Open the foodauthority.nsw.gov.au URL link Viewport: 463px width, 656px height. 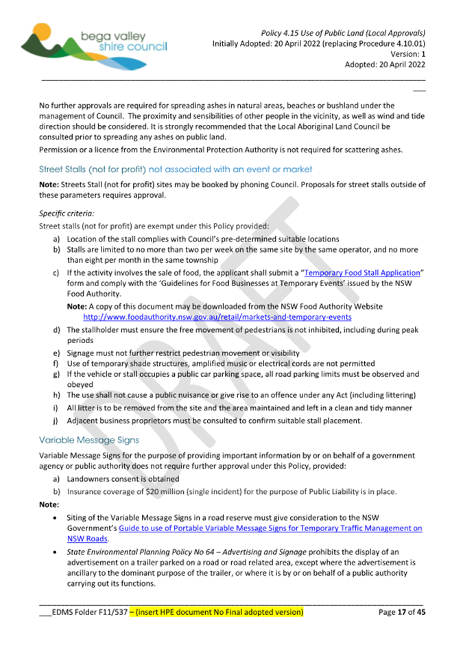pyautogui.click(x=217, y=318)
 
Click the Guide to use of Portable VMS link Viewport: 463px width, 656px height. pyautogui.click(x=270, y=528)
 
